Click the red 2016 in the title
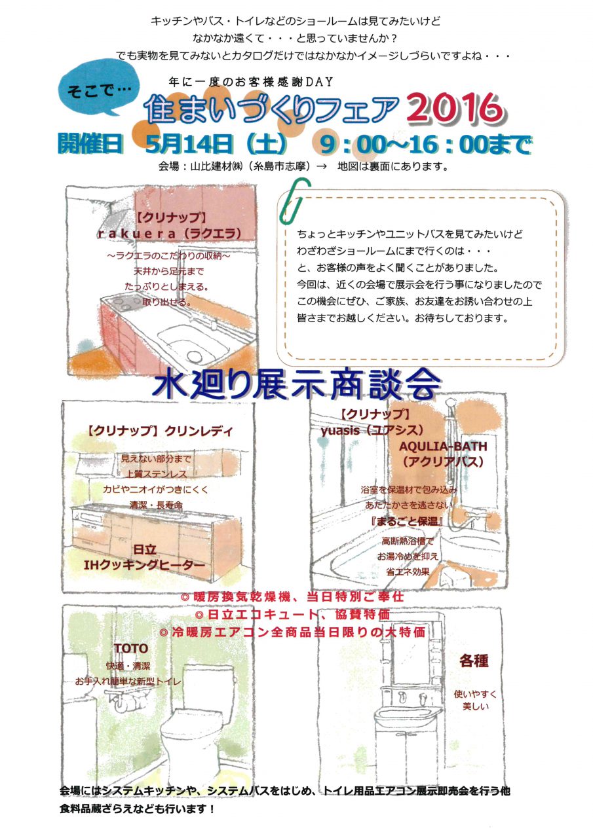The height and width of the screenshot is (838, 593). (x=455, y=108)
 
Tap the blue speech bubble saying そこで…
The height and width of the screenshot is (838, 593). (x=98, y=90)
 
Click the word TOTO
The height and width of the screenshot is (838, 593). (x=130, y=648)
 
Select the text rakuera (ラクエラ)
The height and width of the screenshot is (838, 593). (x=169, y=234)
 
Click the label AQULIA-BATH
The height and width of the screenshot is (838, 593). (x=443, y=446)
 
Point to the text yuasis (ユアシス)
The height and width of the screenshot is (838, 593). (x=372, y=430)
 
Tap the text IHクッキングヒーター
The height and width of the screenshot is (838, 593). (x=145, y=564)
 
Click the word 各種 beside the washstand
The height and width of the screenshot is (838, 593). (x=474, y=661)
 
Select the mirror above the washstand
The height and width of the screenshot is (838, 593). (x=411, y=648)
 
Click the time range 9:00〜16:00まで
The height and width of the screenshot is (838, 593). (x=425, y=144)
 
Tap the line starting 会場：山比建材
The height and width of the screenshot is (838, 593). (x=303, y=166)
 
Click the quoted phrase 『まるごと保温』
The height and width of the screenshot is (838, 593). (x=406, y=521)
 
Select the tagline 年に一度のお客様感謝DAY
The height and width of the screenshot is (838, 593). (x=250, y=82)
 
